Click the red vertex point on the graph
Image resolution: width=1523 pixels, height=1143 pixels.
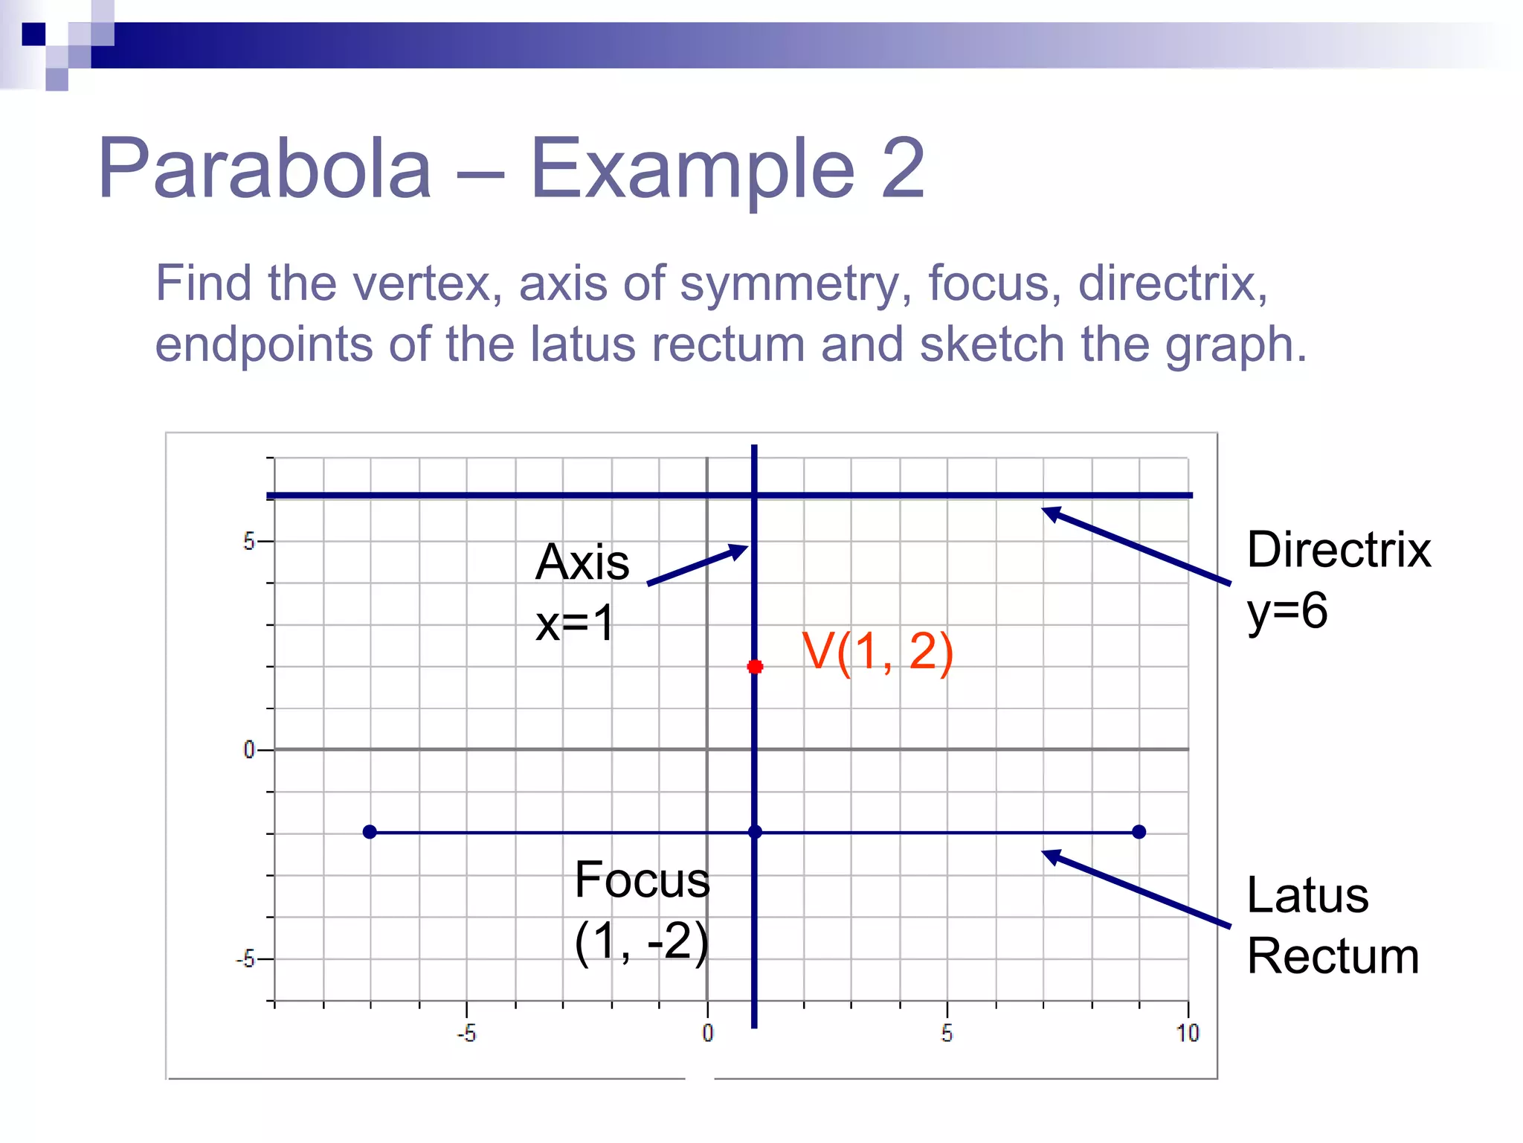[x=755, y=666]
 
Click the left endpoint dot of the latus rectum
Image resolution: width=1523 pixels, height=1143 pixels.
[x=370, y=831]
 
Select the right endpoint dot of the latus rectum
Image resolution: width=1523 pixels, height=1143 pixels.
[x=1139, y=831]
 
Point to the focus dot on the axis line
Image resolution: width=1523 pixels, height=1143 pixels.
[x=755, y=831]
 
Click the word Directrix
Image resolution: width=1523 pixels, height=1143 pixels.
[x=1338, y=551]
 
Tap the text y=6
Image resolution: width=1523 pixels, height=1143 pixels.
[x=1287, y=612]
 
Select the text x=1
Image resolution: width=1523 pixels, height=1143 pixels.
[x=575, y=623]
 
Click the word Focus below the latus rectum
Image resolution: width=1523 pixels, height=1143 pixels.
[x=642, y=880]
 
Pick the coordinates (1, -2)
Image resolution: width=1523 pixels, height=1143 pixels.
[x=642, y=942]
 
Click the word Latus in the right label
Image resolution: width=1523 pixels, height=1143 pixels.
[x=1307, y=895]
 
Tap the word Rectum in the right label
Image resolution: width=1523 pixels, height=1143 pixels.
[x=1333, y=956]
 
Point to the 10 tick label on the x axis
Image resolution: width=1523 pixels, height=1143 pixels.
[x=1188, y=1033]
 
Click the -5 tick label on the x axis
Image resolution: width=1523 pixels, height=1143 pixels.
[x=466, y=1033]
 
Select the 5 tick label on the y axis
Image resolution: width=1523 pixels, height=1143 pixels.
[x=248, y=542]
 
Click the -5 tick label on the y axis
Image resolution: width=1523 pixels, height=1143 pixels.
[x=245, y=959]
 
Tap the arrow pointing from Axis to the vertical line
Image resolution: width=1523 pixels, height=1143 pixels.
[x=697, y=565]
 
